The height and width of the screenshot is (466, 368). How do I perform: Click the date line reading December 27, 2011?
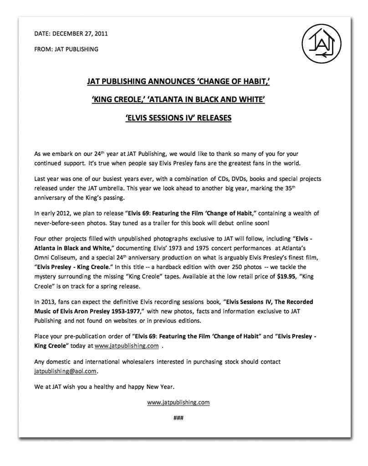point(71,34)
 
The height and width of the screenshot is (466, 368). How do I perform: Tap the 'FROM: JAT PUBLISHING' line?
point(66,49)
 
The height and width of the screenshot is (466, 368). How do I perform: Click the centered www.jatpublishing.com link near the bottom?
point(178,402)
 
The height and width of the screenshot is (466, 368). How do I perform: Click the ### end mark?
point(178,417)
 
